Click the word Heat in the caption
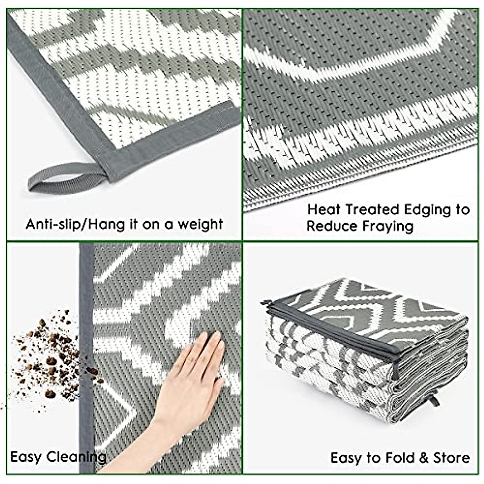click(x=324, y=210)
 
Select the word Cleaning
click(x=77, y=458)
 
